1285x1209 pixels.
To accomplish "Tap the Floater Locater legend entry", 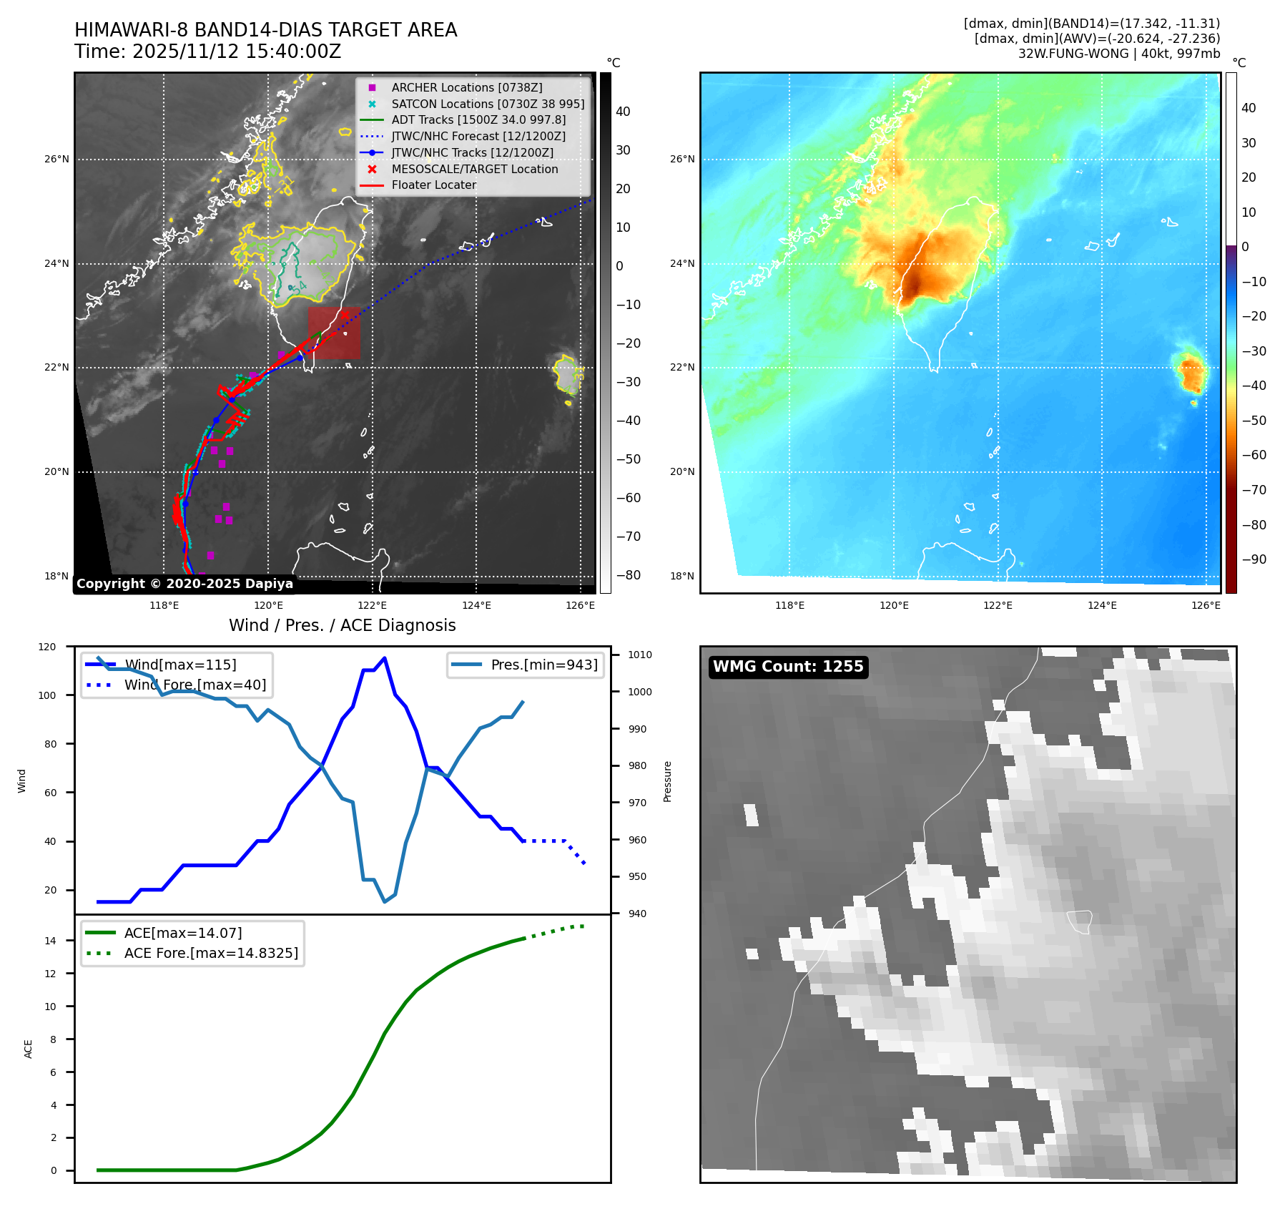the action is (x=418, y=185).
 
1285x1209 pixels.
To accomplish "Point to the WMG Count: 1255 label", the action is (x=788, y=667).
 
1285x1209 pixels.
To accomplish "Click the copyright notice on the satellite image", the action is (x=184, y=584).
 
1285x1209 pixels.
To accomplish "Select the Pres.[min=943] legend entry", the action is (x=526, y=665).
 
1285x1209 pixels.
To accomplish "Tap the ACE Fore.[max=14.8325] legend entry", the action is (x=192, y=953).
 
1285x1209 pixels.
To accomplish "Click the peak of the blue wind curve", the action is (x=385, y=657).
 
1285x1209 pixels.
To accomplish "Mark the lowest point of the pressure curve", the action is (x=385, y=901).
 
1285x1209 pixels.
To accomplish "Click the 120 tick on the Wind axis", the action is (x=47, y=647).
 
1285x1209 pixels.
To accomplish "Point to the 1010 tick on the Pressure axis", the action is (x=640, y=655).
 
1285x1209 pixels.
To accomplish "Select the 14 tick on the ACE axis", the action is (x=50, y=941).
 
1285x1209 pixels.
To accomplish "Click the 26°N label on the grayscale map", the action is (x=56, y=159).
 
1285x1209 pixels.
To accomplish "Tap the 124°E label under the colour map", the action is (x=1102, y=605).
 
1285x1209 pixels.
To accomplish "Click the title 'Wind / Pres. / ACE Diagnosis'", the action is (x=343, y=625).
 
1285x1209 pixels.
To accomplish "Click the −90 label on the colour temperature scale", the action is (x=1254, y=559).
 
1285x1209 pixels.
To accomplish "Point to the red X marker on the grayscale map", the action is (x=345, y=314).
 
